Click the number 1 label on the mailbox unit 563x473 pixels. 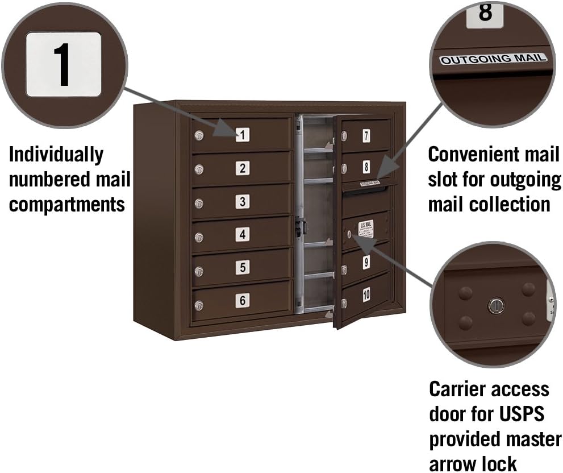(243, 135)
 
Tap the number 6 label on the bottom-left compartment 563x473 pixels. (243, 301)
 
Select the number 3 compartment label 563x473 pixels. (243, 201)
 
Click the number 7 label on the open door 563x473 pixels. (366, 136)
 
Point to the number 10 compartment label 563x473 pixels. (366, 294)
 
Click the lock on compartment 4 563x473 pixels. (199, 239)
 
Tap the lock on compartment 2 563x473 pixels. (199, 169)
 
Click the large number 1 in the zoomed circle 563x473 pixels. (63, 64)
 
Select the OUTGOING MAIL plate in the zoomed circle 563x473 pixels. (493, 58)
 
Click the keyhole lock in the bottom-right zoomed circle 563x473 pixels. (496, 306)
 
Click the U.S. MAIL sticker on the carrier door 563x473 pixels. (366, 229)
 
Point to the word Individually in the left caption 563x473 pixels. (56, 154)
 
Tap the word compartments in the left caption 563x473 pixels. (67, 204)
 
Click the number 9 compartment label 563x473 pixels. (366, 263)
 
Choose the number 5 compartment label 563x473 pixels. (243, 267)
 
